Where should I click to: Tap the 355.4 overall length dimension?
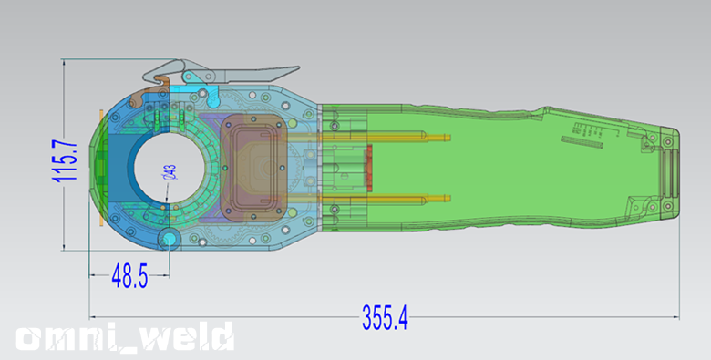click(385, 317)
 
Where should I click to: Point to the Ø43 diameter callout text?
click(170, 172)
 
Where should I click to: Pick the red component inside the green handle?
click(369, 168)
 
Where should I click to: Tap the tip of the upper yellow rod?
click(449, 138)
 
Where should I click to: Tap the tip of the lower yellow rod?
click(449, 198)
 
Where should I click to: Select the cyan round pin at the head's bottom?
click(170, 238)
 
